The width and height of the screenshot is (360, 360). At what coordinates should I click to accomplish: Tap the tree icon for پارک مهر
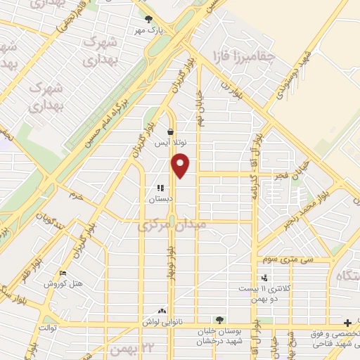pyautogui.click(x=148, y=20)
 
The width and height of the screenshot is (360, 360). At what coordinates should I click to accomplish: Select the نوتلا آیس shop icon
pyautogui.click(x=171, y=131)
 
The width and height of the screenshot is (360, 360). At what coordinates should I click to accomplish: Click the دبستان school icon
pyautogui.click(x=160, y=188)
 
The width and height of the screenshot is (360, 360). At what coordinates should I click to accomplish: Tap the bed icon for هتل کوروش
pyautogui.click(x=63, y=274)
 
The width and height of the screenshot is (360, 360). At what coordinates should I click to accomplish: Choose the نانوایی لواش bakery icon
pyautogui.click(x=163, y=310)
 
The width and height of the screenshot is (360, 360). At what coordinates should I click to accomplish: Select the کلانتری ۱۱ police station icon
pyautogui.click(x=264, y=278)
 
